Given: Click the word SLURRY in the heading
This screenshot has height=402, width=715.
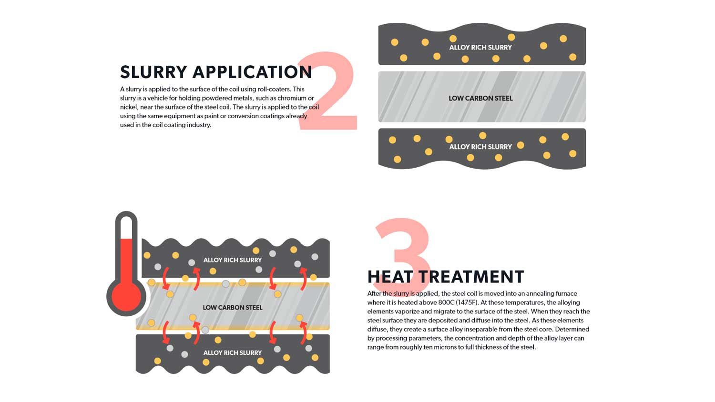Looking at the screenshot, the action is point(153,72).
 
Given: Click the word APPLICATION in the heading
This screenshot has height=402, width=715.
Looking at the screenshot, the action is point(252,72).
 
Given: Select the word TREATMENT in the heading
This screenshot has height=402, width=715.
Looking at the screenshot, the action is point(471,277).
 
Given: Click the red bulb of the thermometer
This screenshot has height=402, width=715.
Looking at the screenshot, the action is point(126,296).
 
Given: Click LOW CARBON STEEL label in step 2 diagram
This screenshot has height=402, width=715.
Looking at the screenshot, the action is point(480,98).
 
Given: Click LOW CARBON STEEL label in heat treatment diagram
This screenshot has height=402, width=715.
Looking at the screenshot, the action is point(233,308).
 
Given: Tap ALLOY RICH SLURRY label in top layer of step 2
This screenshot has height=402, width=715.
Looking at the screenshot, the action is point(480,47).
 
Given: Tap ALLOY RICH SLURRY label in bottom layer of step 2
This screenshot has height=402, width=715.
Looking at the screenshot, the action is point(480,147).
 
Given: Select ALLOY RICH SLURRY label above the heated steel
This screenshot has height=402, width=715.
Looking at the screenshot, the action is point(233,260).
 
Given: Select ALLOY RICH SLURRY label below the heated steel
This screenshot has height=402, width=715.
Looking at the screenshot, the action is point(233,352).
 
